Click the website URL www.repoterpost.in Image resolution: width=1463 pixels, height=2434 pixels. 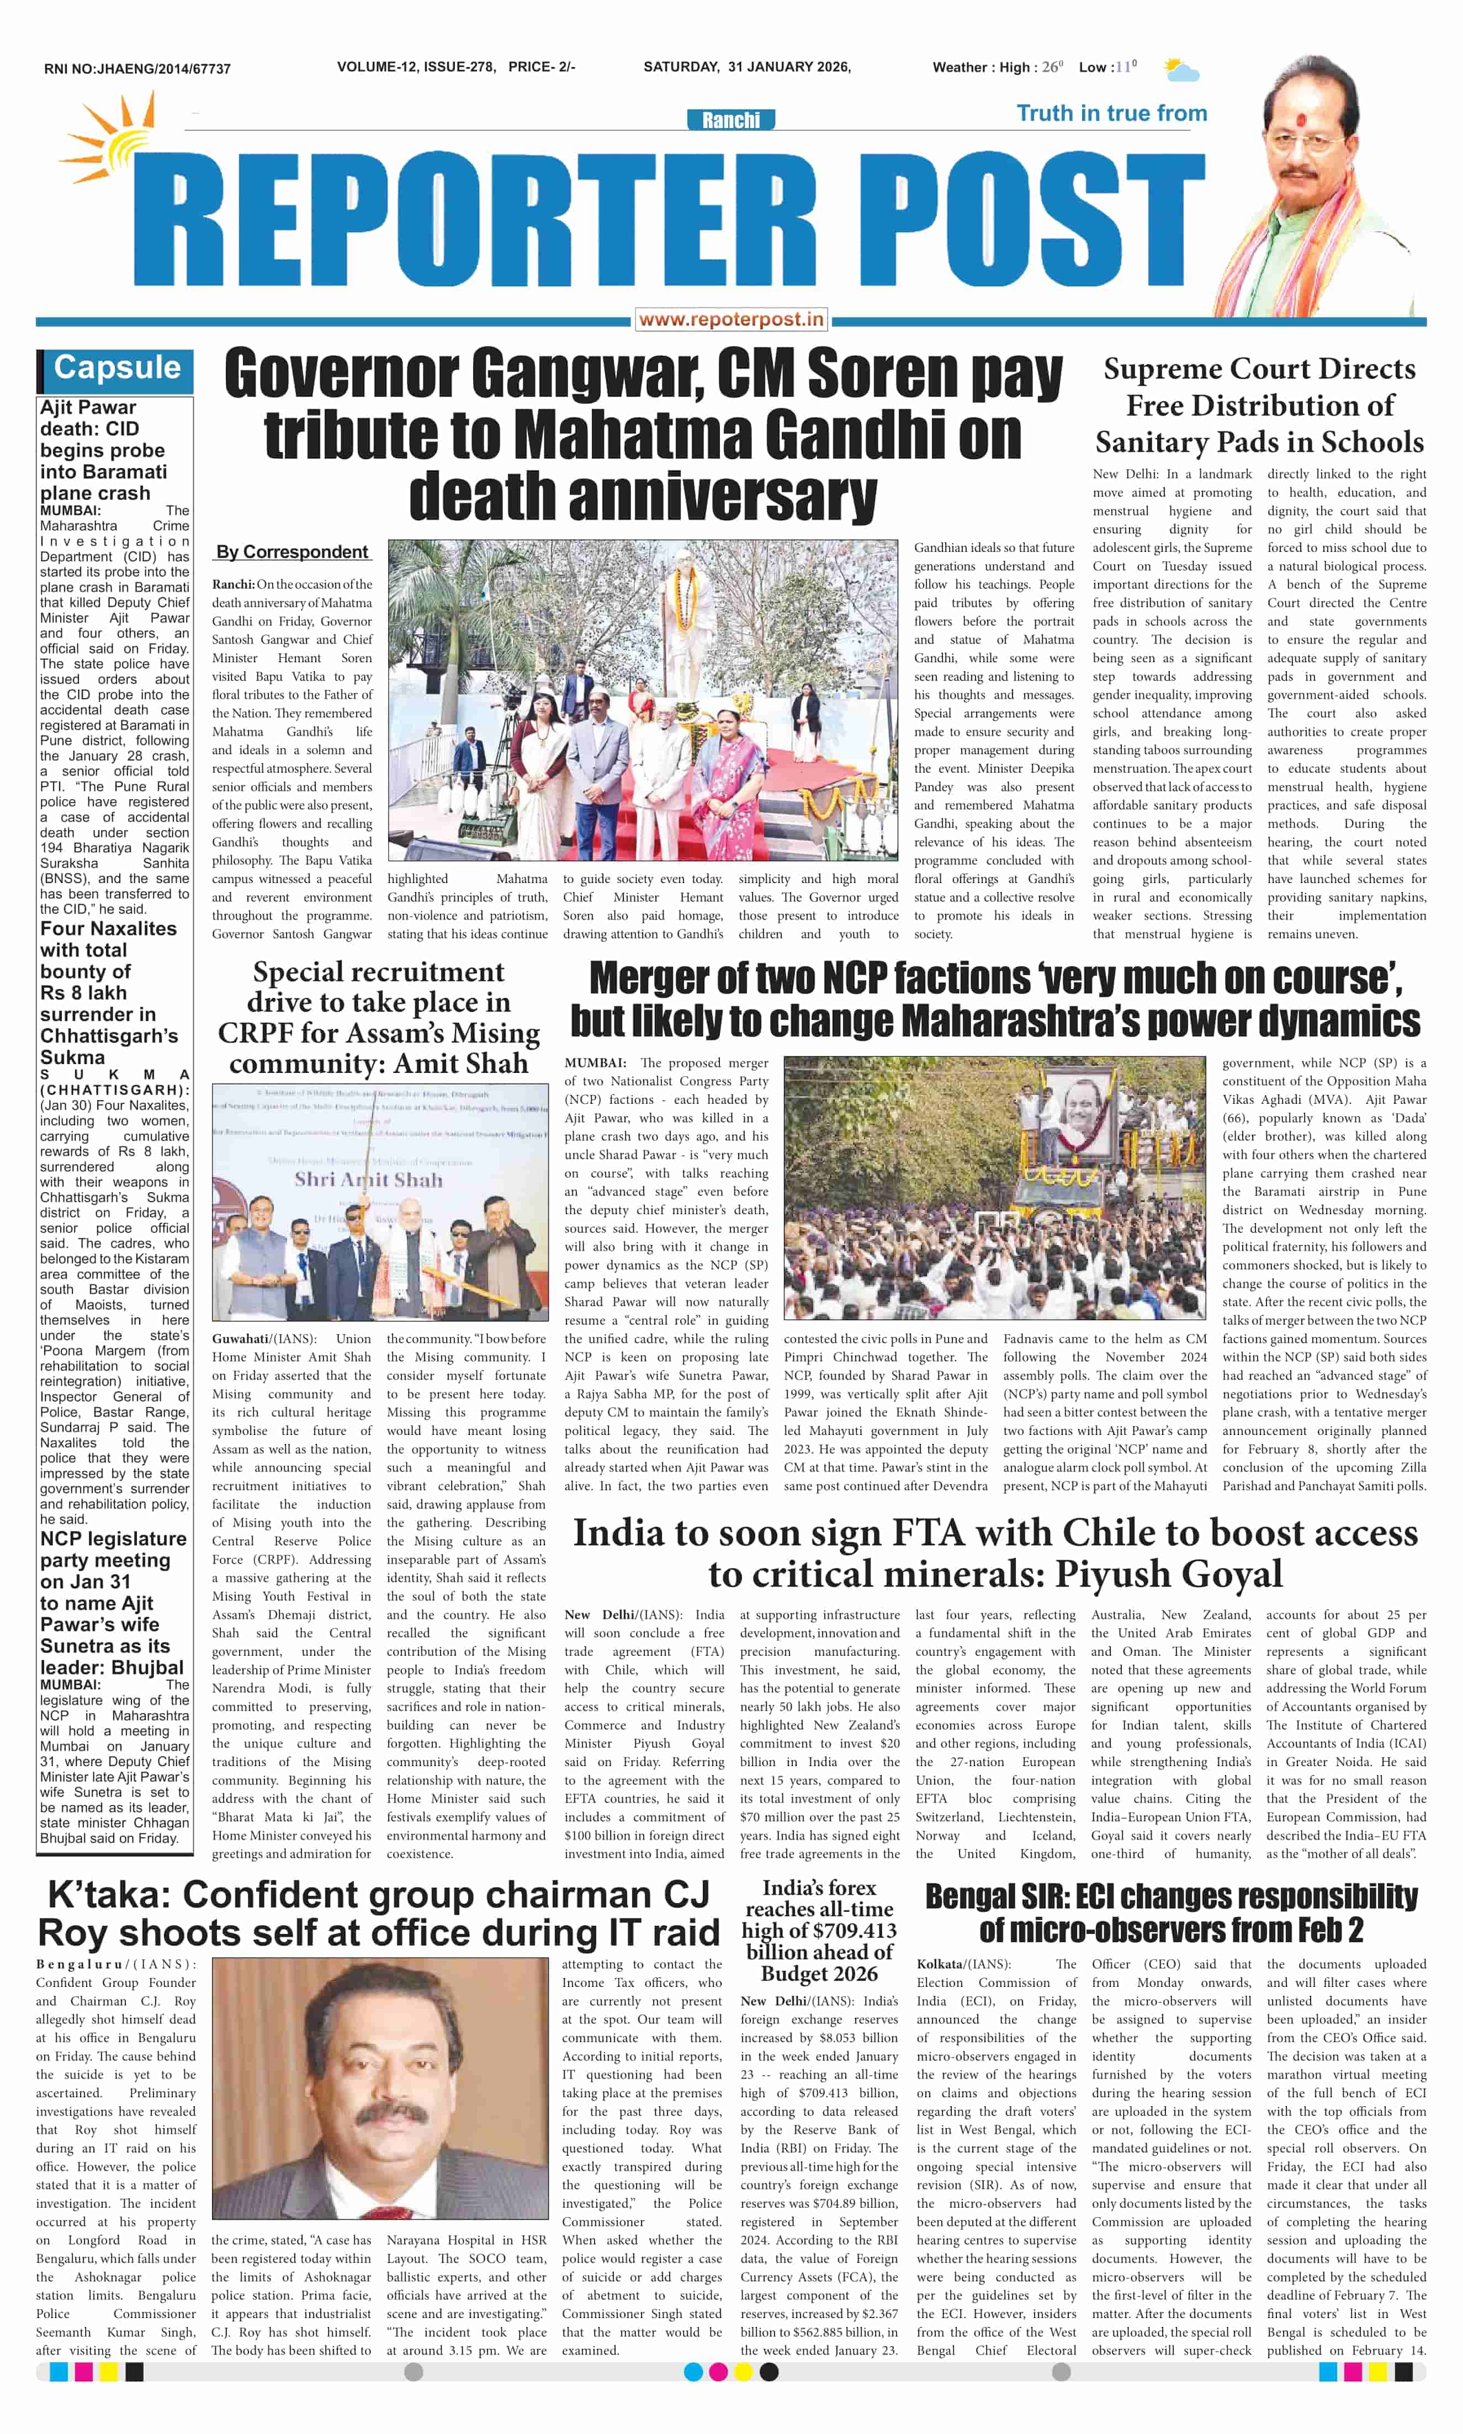tap(730, 319)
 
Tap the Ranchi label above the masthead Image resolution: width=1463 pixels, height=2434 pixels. tap(730, 120)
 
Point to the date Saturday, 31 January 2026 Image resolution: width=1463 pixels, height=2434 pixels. tap(746, 67)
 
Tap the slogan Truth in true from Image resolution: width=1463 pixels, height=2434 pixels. tap(1111, 113)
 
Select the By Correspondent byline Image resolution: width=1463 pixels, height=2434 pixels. tap(292, 552)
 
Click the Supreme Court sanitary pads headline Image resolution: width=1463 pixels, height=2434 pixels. tap(1259, 405)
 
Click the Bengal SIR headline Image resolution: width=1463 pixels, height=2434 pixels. tap(1171, 1913)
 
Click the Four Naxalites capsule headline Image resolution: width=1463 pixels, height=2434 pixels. tap(108, 992)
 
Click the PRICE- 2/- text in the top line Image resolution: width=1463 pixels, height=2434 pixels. tap(541, 67)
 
